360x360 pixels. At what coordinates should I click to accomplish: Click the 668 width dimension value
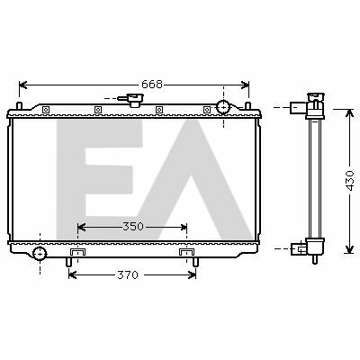152,85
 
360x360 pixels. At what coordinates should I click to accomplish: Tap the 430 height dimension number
350,181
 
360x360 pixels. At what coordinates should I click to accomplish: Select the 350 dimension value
133,227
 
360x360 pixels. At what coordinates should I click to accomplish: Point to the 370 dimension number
128,274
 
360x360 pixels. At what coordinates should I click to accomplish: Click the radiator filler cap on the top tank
134,99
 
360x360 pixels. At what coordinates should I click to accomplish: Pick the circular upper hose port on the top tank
223,107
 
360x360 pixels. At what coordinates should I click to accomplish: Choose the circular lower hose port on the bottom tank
40,254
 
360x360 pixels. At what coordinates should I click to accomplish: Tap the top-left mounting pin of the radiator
19,106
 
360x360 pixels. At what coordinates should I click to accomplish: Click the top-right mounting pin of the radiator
247,106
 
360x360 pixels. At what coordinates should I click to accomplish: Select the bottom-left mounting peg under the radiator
68,262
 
